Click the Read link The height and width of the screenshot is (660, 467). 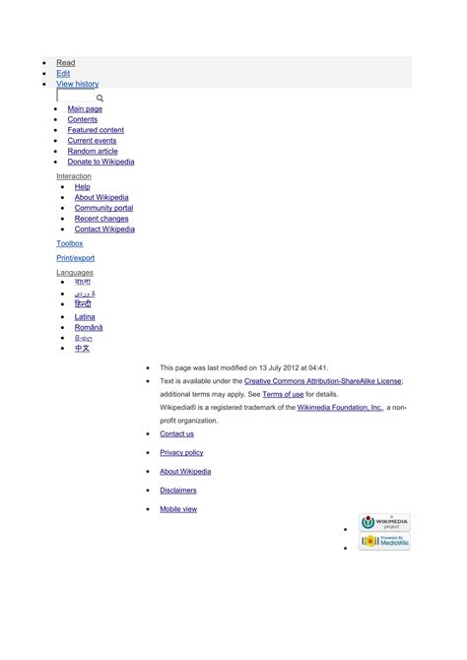[65, 63]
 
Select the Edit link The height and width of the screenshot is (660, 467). [63, 74]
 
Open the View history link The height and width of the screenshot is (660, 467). [77, 85]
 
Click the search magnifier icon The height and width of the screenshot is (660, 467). [100, 99]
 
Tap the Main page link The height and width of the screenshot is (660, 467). [85, 109]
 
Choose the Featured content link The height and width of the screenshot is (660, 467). [96, 130]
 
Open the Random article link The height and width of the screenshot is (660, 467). [93, 152]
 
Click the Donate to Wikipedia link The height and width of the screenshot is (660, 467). [100, 163]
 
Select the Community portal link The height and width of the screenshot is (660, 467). [103, 208]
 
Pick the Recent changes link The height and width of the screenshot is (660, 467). [101, 219]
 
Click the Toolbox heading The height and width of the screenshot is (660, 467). [70, 243]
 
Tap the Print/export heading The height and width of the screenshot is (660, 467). [76, 258]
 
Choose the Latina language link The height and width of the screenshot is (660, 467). [85, 317]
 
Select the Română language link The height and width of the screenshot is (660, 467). [88, 327]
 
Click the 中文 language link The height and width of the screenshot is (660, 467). [82, 349]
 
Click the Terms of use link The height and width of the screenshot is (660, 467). [283, 394]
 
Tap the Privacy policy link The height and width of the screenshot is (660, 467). [181, 452]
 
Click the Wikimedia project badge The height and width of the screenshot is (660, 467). [384, 523]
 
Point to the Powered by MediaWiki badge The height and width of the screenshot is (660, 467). [384, 542]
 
